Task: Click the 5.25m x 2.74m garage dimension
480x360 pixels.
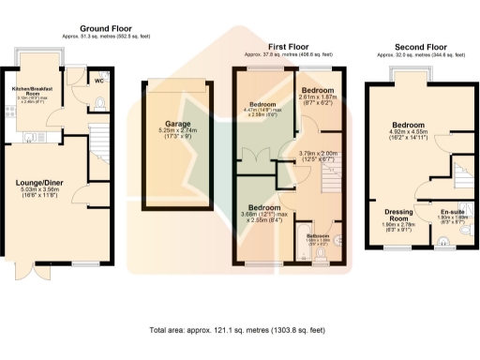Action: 177,132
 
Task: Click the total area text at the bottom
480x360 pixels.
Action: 239,330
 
